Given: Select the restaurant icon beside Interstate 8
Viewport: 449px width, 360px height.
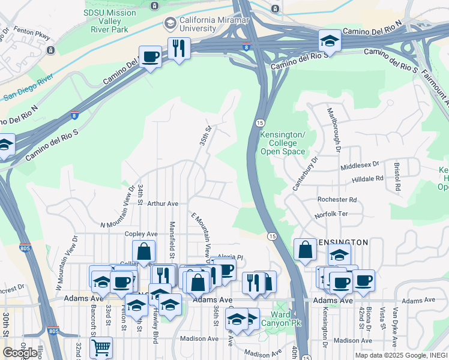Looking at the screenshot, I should (x=178, y=49).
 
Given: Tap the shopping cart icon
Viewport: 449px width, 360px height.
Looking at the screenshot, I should (x=101, y=347).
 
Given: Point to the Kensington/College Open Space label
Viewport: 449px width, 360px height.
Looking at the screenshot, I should (x=283, y=143).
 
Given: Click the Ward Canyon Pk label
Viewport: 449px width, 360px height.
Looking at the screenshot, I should (x=281, y=319).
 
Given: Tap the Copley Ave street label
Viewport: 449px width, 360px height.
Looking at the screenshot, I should (x=141, y=234).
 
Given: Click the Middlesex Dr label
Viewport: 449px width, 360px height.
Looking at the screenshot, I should (x=360, y=163).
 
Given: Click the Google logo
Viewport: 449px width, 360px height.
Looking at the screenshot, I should (x=20, y=353).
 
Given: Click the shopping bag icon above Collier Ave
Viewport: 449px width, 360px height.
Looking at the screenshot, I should (x=144, y=251).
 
